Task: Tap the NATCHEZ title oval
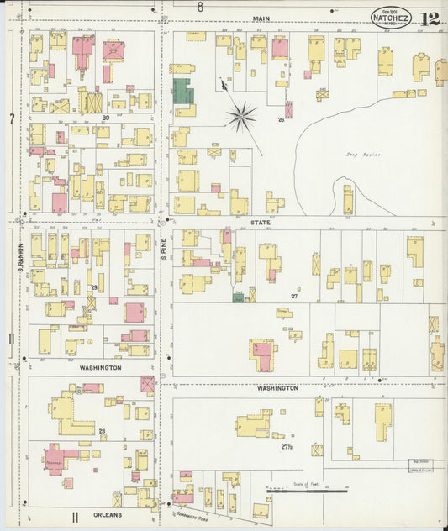point(391,17)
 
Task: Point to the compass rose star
point(240,116)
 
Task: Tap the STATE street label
point(261,222)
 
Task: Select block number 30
point(107,118)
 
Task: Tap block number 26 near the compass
point(282,119)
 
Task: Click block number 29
point(94,287)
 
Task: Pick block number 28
point(101,431)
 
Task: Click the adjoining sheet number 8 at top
point(200,7)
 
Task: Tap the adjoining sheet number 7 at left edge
point(12,119)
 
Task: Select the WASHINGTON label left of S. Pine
point(101,368)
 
